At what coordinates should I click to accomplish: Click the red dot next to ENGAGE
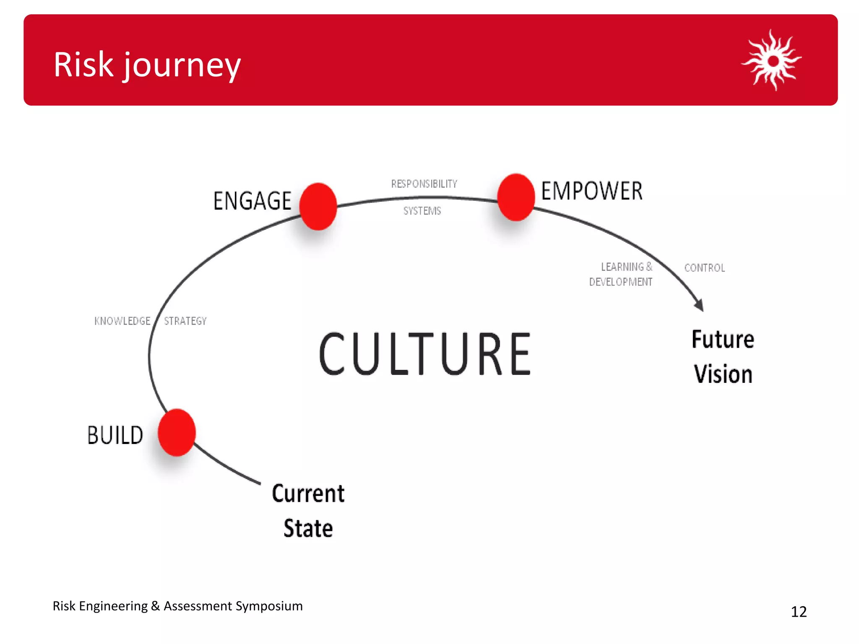click(318, 206)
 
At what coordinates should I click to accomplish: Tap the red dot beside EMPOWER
click(516, 197)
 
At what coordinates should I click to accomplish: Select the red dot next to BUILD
click(177, 432)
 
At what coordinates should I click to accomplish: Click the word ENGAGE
click(252, 201)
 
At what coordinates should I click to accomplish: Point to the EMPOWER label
click(591, 191)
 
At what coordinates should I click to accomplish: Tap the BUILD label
click(115, 435)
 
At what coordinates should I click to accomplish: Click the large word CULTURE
click(424, 353)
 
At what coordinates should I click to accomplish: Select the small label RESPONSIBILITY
click(424, 184)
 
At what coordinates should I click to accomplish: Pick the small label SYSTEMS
click(422, 211)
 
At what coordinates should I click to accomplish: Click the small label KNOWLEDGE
click(122, 321)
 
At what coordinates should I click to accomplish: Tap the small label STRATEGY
click(185, 321)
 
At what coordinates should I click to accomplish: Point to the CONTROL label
click(705, 268)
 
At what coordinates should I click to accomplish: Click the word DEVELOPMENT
click(620, 282)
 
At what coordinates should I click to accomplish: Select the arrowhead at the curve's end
click(699, 305)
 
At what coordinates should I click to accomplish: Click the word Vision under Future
click(723, 374)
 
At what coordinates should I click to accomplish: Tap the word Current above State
click(308, 493)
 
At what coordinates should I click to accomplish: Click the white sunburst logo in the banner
click(772, 60)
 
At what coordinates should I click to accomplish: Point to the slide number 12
click(799, 612)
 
